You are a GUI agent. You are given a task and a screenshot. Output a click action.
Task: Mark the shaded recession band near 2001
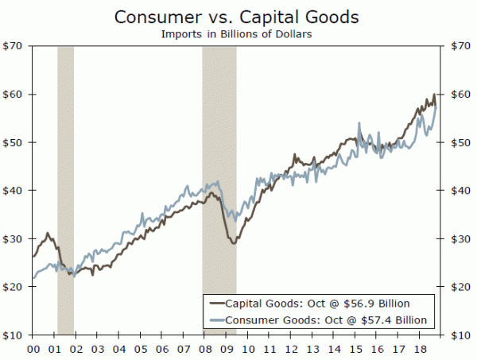point(65,190)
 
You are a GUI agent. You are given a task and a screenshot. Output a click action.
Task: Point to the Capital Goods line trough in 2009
point(233,242)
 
